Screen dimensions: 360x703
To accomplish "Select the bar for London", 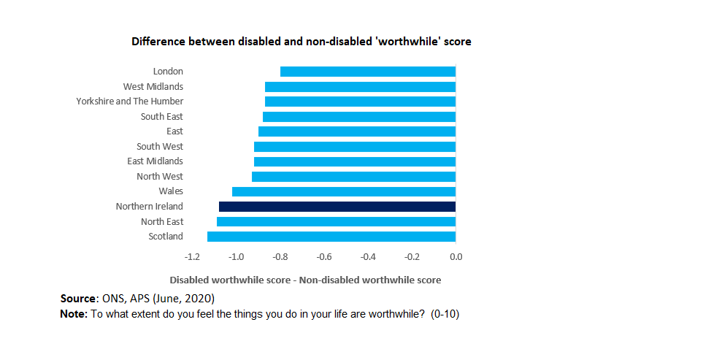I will (368, 72).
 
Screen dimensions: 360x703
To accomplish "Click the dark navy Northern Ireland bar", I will (337, 207).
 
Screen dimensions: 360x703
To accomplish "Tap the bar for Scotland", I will (331, 237).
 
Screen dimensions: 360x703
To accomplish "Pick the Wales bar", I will (344, 191).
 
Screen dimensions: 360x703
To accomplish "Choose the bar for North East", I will (336, 221).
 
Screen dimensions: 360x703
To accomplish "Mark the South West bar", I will (355, 147).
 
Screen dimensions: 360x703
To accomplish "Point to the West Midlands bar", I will (360, 87).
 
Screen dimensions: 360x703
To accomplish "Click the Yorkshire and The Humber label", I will (130, 102).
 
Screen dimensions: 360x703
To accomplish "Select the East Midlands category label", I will (155, 161).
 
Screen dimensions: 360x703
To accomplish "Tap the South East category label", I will (161, 117).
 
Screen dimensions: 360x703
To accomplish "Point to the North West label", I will (160, 177).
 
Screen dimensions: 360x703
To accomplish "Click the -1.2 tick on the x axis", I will (193, 257).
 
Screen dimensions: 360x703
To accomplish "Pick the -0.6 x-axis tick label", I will (324, 257).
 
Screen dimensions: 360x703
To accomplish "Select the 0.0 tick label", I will (456, 257).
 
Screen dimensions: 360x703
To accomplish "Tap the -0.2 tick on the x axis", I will (412, 257).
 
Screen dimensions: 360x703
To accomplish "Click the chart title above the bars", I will (301, 42).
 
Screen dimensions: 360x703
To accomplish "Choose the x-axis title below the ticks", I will (305, 280).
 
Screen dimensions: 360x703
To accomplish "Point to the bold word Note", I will (73, 313).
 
